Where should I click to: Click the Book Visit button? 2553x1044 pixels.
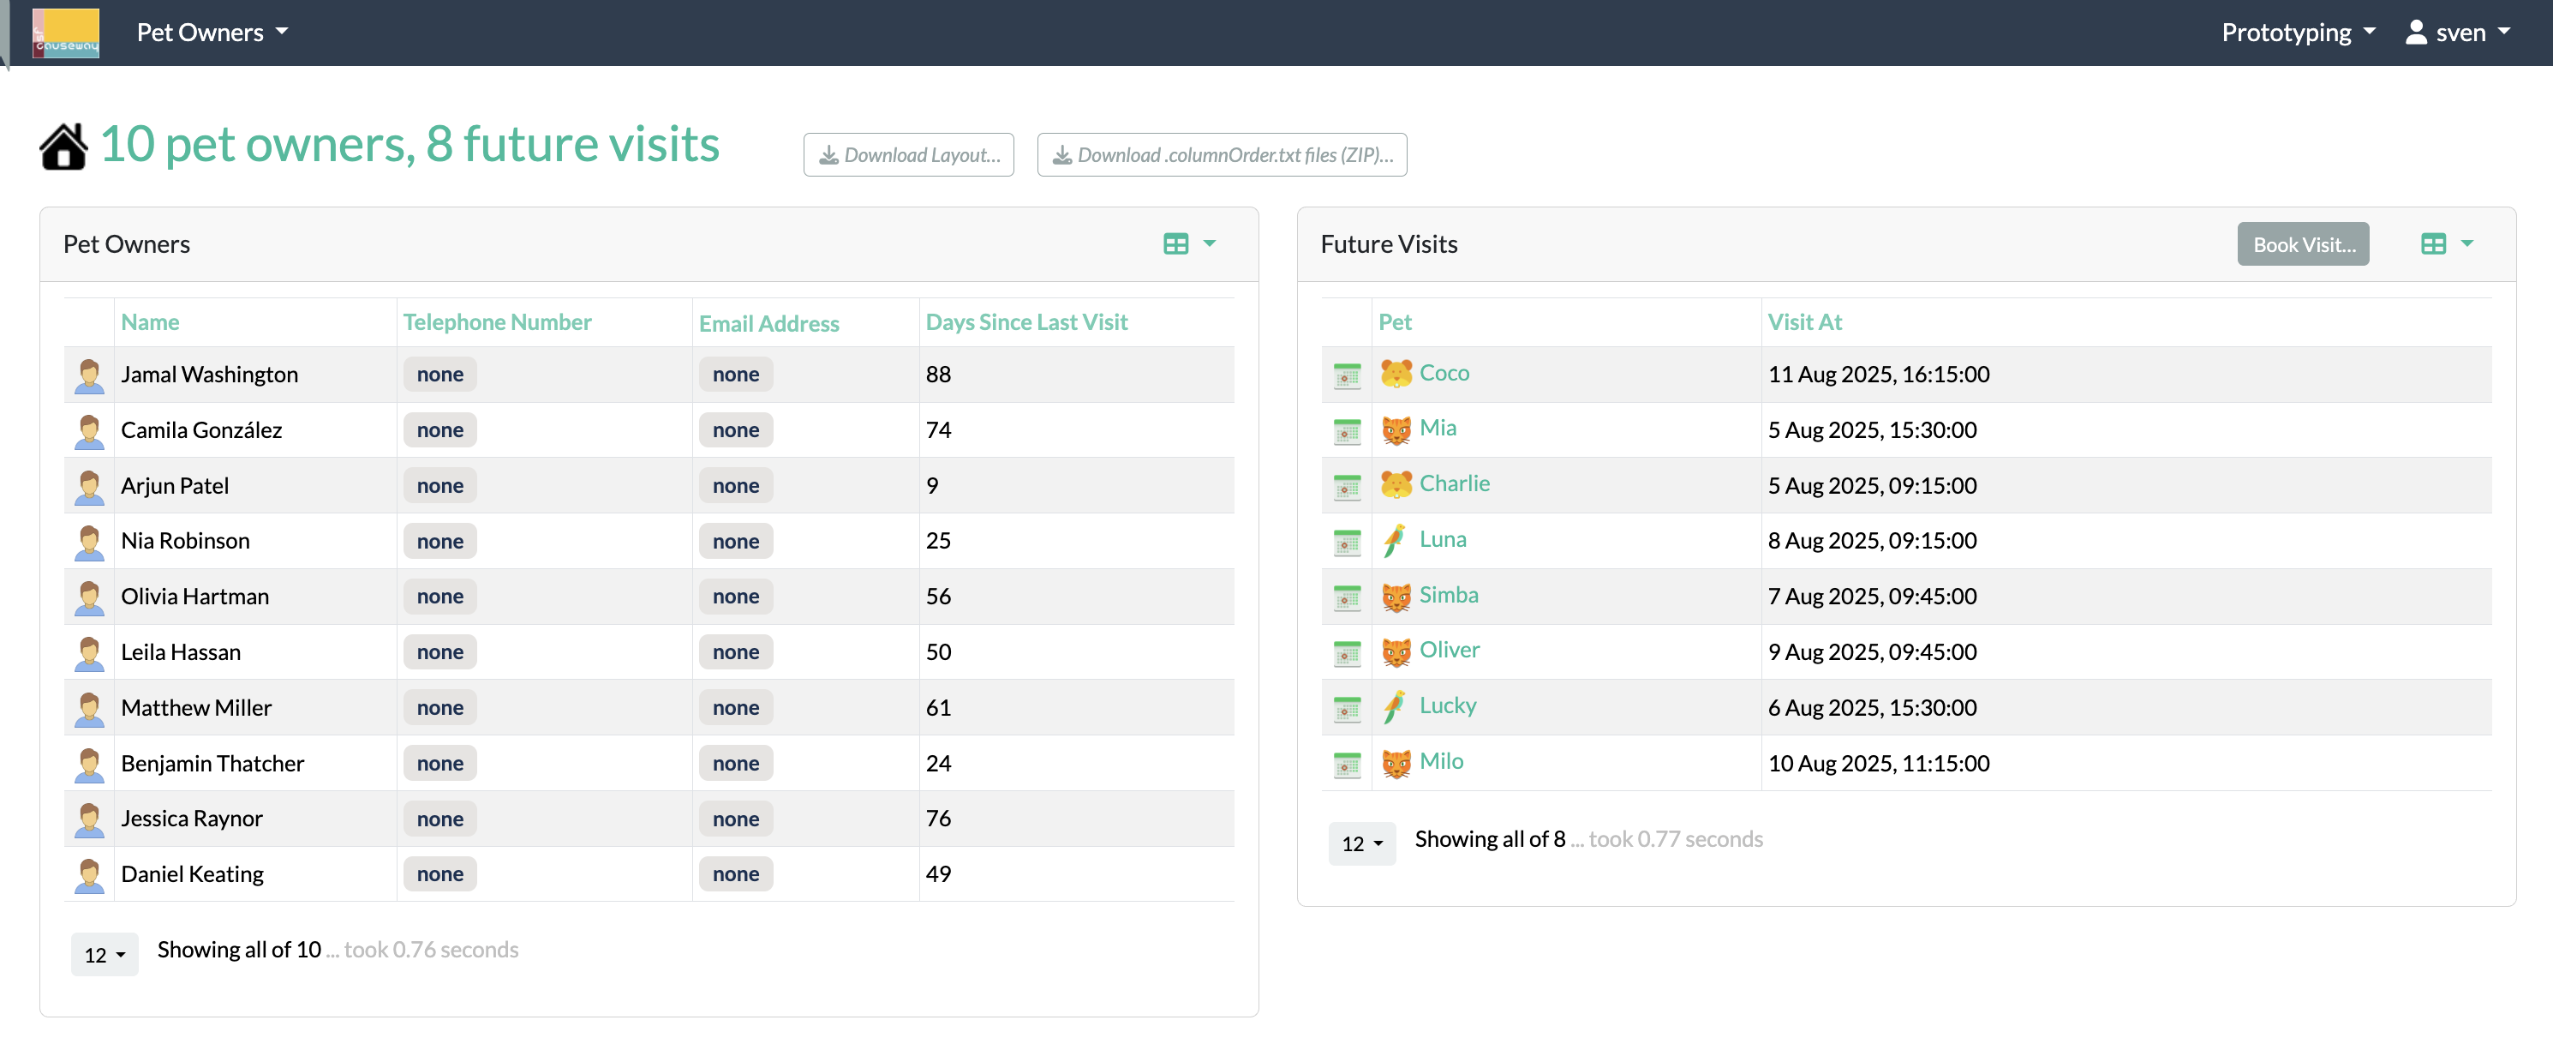2302,244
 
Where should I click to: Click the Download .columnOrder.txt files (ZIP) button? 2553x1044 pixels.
1221,154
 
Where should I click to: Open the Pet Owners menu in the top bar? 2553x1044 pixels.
212,33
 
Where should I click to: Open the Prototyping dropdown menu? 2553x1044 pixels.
2299,33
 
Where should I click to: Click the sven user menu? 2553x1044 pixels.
2458,33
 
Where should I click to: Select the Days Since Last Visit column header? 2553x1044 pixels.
1025,322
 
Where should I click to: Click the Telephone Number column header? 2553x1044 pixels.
497,322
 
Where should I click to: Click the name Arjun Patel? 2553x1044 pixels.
175,486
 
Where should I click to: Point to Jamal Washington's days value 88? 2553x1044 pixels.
937,375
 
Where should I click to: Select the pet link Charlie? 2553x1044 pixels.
1454,483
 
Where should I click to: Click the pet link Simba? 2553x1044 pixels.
1448,595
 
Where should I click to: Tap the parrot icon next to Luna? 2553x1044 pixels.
1395,540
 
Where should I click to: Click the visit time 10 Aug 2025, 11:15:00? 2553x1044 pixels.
1878,764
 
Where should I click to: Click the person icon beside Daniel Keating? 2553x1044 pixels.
89,874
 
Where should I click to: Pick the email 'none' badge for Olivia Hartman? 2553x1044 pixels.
735,597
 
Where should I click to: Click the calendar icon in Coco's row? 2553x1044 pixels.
1346,375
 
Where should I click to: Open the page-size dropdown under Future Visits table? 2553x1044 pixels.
1360,843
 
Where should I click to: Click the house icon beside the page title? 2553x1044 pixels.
63,147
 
